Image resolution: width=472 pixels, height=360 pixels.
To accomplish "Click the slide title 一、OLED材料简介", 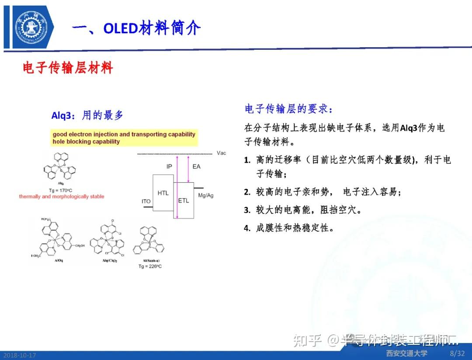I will (x=136, y=28).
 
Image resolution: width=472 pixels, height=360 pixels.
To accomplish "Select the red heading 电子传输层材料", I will (x=68, y=68).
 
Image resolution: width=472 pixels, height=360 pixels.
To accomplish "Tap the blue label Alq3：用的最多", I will (x=87, y=115).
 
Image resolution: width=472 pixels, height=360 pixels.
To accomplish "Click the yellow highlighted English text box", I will (x=124, y=138).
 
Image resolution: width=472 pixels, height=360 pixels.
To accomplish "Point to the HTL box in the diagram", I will (x=163, y=193).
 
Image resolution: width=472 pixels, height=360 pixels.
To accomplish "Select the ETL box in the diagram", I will (x=184, y=201).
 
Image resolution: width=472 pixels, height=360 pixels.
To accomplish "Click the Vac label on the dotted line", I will (x=221, y=153).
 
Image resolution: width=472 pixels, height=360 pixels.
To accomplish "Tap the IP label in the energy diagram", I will (x=169, y=166).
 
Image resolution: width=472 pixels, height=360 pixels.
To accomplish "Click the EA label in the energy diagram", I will (x=196, y=166).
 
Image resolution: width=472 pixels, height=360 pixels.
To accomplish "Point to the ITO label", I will (x=146, y=201).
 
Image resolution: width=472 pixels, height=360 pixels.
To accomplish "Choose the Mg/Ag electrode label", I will (x=206, y=195).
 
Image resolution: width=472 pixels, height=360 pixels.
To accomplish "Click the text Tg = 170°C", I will (x=61, y=190).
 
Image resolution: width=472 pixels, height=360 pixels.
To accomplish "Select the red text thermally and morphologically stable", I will (x=62, y=197).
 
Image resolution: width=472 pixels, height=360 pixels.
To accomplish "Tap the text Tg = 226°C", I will (x=150, y=266).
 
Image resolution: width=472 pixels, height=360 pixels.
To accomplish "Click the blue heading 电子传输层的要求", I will (x=292, y=109).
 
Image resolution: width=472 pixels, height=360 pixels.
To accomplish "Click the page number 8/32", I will (x=457, y=353).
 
